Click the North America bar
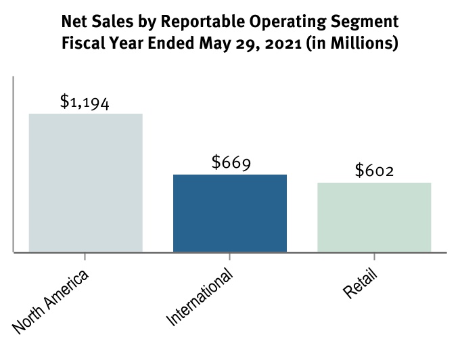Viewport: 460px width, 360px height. tap(85, 183)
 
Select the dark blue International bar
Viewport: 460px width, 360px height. tap(230, 213)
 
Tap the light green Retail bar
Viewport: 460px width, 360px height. tap(374, 217)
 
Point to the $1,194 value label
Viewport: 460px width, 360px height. tap(85, 102)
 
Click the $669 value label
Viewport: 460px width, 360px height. tap(231, 163)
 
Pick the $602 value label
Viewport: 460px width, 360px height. tap(374, 171)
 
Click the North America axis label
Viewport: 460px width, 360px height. tap(51, 301)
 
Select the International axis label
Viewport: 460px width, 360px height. tap(200, 297)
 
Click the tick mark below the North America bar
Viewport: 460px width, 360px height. tap(85, 256)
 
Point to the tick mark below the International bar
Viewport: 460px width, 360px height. tap(230, 256)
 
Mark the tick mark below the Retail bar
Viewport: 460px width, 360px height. tap(374, 256)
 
